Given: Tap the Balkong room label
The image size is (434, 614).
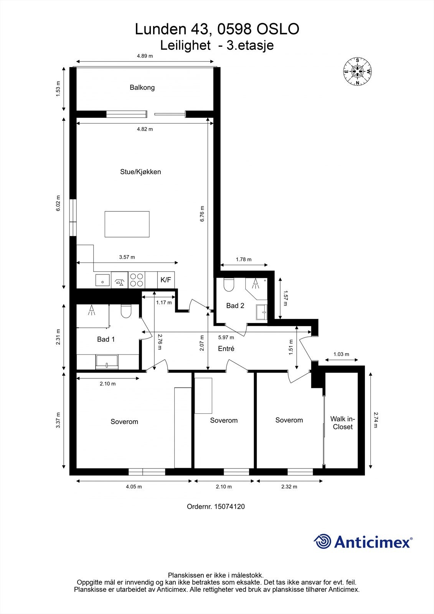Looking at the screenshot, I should [142, 87].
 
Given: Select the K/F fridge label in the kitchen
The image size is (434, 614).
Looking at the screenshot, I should [166, 280].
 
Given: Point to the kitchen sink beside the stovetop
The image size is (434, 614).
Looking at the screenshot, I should [102, 280].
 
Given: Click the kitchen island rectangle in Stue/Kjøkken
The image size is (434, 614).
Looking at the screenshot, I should [127, 224].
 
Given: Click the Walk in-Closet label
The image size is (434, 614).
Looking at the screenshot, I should [342, 423].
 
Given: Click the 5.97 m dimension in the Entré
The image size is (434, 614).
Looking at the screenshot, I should [226, 337].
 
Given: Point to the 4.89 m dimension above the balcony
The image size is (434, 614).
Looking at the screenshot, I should [145, 56].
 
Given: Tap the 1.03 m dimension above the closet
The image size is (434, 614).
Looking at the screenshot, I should [342, 354].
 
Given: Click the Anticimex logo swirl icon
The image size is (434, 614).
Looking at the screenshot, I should [322, 541].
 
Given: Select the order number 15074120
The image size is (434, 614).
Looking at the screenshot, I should [229, 507].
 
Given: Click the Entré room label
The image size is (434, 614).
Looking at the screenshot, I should [226, 348].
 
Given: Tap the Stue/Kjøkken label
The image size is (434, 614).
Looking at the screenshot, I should [140, 172].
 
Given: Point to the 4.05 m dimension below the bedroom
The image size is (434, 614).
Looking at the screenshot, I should [134, 487].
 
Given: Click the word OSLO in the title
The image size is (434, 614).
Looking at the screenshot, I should [277, 29].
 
